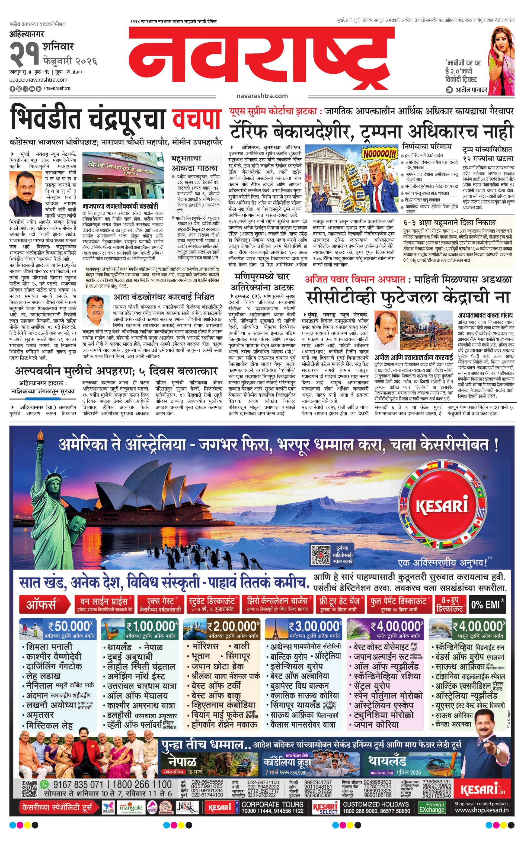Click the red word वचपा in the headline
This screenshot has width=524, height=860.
tap(197, 119)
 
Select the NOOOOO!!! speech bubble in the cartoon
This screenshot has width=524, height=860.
tap(379, 153)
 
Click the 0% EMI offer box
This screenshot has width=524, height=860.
tap(487, 604)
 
